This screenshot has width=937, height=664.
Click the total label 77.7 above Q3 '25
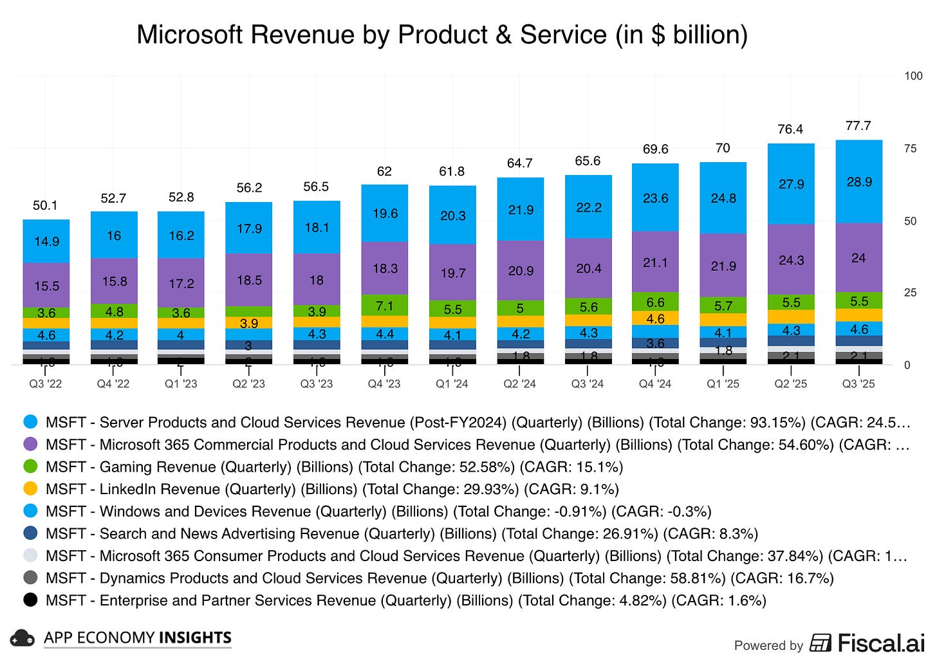[x=858, y=126]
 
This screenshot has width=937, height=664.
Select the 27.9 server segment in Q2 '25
[x=791, y=184]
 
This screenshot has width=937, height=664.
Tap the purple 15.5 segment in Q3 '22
[x=46, y=285]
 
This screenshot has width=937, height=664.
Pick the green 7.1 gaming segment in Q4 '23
[x=385, y=305]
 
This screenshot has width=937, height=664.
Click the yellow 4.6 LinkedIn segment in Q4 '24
[x=655, y=318]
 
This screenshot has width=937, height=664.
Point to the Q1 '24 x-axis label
[x=452, y=384]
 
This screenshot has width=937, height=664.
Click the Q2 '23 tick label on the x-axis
[x=248, y=384]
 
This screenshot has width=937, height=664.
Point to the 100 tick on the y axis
[x=913, y=76]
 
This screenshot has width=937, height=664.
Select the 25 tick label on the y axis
[x=909, y=293]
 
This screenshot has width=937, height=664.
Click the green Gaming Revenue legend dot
[x=30, y=466]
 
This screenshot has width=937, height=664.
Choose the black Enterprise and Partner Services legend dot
[x=30, y=600]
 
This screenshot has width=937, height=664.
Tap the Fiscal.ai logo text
[x=880, y=643]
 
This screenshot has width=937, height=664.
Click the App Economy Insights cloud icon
[x=23, y=638]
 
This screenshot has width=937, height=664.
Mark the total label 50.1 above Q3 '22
[x=45, y=206]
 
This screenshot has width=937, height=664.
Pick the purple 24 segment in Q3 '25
[x=858, y=258]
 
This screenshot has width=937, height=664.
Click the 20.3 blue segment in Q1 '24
[x=452, y=216]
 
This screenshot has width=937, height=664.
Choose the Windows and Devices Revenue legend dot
[x=30, y=511]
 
